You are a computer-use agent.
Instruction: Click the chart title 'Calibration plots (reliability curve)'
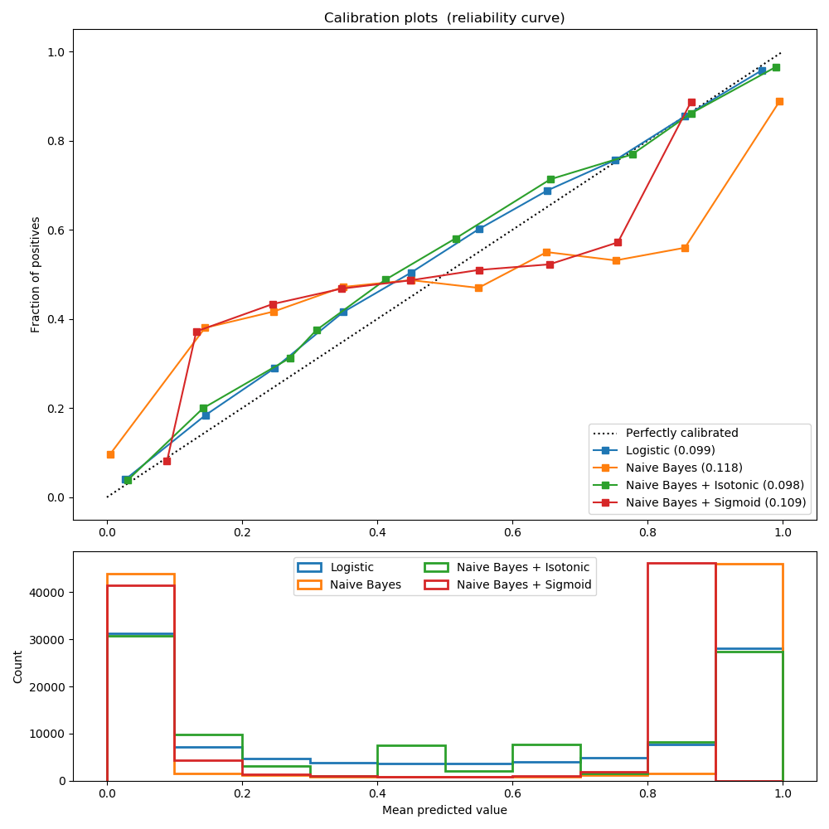[x=444, y=18]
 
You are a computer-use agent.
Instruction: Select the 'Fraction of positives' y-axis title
[x=36, y=274]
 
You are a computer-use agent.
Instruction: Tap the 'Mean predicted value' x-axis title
[x=444, y=810]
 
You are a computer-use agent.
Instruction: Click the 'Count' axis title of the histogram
[x=18, y=667]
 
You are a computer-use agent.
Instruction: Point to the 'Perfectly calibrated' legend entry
[x=681, y=433]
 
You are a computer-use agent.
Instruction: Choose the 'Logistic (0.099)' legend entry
[x=670, y=450]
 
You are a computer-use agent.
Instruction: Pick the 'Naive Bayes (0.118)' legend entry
[x=684, y=468]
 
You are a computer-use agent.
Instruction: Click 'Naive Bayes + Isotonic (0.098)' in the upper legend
[x=715, y=485]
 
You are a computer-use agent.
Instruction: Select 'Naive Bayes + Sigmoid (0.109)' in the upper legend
[x=715, y=502]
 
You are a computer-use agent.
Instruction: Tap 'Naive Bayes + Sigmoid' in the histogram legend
[x=524, y=584]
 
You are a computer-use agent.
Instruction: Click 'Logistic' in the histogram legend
[x=352, y=567]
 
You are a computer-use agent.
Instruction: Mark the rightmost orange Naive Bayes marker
[x=779, y=101]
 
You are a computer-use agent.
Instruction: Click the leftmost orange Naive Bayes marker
[x=110, y=454]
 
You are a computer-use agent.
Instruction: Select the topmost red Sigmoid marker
[x=691, y=102]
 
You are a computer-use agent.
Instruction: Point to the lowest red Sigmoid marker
[x=167, y=461]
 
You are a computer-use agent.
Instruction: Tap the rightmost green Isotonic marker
[x=776, y=67]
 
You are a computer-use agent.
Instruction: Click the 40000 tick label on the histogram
[x=50, y=593]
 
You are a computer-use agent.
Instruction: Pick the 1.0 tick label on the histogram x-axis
[x=782, y=793]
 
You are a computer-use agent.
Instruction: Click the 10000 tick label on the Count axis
[x=50, y=734]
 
